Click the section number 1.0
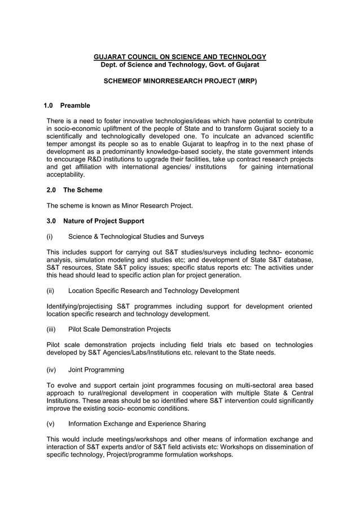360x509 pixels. [x=49, y=106]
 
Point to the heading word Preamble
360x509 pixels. [x=75, y=106]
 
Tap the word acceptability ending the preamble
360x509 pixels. [x=65, y=175]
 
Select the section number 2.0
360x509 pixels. [x=51, y=190]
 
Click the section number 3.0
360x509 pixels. [x=51, y=221]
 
